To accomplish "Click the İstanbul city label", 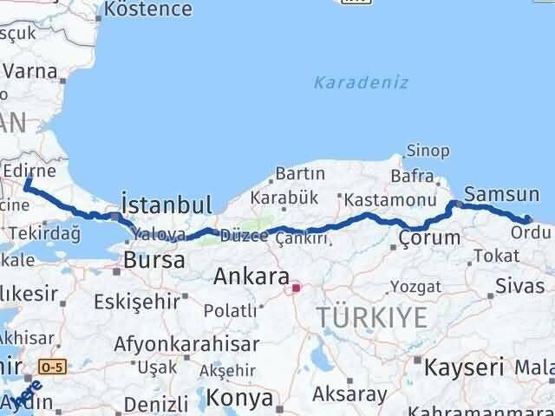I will point(166,205).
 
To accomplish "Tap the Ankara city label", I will point(251,278).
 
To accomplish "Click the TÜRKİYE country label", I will point(372,317).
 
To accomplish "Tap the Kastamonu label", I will point(376,198).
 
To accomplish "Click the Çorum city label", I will point(429,237).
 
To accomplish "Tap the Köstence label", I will point(147,10).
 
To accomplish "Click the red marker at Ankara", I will point(295,288).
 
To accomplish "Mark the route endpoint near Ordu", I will point(528,219).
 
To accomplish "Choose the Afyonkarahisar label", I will point(186,343).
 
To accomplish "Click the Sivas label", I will point(520,286).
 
